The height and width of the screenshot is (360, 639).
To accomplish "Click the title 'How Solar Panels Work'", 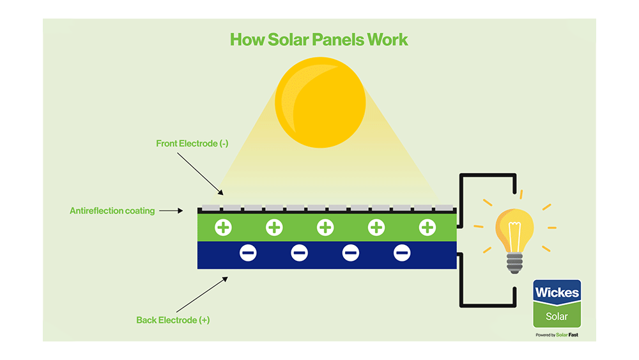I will click(319, 40).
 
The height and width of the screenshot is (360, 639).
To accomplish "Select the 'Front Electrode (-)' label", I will click(192, 144).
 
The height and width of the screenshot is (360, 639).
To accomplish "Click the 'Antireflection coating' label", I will click(112, 210).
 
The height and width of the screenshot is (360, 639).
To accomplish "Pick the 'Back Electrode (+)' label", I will click(173, 320).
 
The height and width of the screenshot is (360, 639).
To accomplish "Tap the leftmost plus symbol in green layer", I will click(223, 227).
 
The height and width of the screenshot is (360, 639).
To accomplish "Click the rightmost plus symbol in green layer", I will click(427, 227).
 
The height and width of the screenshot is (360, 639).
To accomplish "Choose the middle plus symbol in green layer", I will click(325, 227).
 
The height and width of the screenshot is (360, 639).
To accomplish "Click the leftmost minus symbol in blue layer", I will click(249, 254).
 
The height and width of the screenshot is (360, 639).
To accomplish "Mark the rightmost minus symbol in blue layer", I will click(402, 254).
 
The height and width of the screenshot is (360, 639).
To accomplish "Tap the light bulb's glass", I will click(515, 224).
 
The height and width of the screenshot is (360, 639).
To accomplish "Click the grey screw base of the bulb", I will click(515, 263).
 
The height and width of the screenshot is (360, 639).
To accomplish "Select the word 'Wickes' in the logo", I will click(557, 293).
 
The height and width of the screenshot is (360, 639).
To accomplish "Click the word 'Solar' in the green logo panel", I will click(557, 317).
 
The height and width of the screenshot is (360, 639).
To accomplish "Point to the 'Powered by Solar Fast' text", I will click(557, 335).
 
